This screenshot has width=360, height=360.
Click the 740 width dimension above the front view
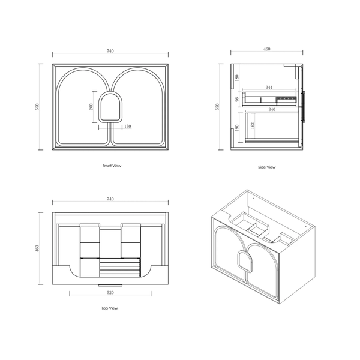(x=110, y=51)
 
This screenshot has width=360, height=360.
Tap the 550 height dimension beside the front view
(x=37, y=107)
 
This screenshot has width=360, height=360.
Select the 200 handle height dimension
(x=91, y=107)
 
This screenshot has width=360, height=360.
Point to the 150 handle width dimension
(x=127, y=126)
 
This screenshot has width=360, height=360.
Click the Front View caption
(x=112, y=166)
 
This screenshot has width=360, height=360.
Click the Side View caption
(x=266, y=167)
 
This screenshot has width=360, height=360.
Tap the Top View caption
(x=110, y=308)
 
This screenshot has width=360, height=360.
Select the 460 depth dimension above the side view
(x=267, y=49)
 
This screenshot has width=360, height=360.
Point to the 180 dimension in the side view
(x=237, y=77)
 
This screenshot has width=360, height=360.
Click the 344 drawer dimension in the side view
(x=269, y=87)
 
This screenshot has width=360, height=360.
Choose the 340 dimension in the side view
(x=272, y=110)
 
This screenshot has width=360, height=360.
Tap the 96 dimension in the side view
(x=237, y=99)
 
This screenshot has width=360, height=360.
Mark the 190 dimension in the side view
(x=237, y=128)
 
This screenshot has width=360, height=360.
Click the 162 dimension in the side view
(x=253, y=125)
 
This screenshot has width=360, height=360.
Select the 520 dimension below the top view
(x=110, y=293)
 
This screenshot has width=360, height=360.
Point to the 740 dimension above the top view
(x=110, y=199)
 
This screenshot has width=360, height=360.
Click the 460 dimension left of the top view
(x=37, y=248)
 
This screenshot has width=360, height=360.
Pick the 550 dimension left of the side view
(x=217, y=107)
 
